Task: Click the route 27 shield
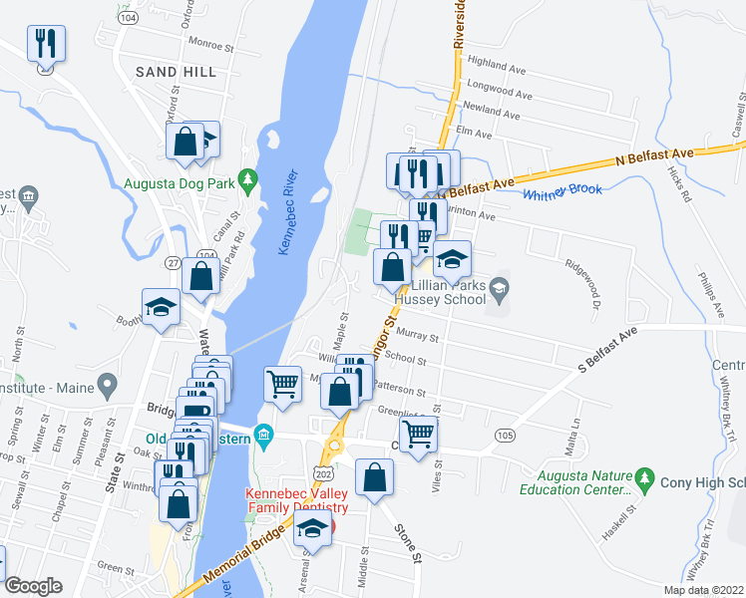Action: tap(173, 261)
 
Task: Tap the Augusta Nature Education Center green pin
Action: tap(645, 480)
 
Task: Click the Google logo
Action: tap(33, 585)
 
